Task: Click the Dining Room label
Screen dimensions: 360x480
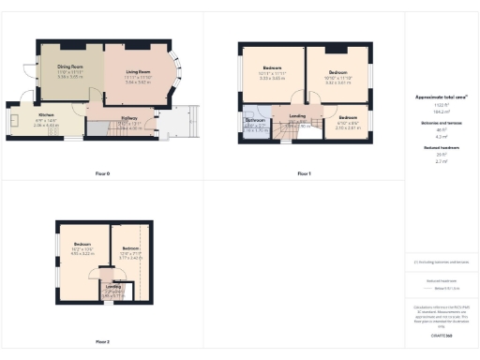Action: (x=65, y=67)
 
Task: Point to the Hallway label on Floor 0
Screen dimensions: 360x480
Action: (x=129, y=117)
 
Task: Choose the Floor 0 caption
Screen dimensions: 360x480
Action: (x=103, y=173)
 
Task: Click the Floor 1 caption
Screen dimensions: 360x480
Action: (x=304, y=173)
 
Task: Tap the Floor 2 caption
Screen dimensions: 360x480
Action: (x=102, y=341)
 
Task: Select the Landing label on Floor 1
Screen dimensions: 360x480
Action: (x=297, y=117)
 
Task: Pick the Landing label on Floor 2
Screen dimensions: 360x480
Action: (x=111, y=287)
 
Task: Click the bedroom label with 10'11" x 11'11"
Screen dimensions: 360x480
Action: (x=272, y=68)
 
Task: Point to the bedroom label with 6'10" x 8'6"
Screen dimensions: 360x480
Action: (x=348, y=117)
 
